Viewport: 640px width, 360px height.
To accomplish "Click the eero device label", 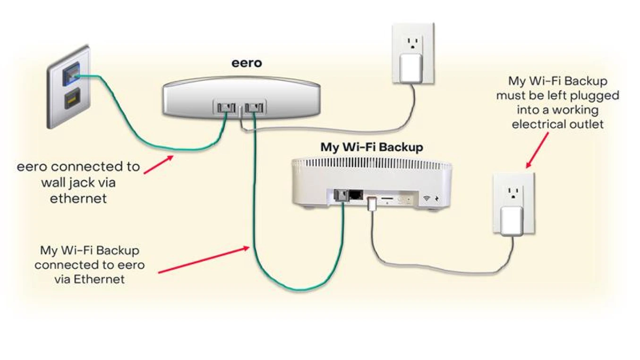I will click(246, 63).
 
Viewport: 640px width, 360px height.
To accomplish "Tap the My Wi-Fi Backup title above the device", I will click(372, 147).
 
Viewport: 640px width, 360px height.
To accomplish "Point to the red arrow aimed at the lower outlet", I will click(537, 150).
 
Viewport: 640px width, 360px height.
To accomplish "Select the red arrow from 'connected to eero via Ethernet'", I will click(203, 259).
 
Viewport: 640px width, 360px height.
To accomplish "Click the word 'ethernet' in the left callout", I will click(78, 198).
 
